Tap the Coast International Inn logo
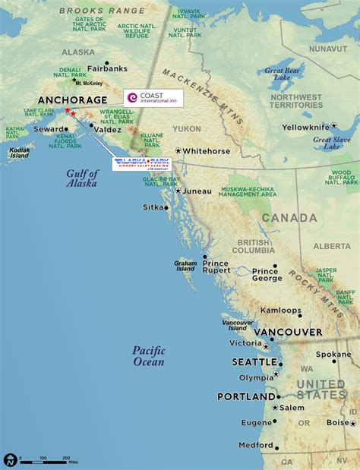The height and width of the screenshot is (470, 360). point(153,97)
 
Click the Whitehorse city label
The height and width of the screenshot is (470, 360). point(206,151)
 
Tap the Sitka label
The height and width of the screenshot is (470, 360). point(153,207)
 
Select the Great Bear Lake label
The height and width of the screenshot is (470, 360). point(283,74)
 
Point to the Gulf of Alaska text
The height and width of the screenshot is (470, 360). point(81,178)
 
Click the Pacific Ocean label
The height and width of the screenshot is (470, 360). point(148,356)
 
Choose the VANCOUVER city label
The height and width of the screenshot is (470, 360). point(288,333)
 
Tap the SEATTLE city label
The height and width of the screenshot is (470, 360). point(254,362)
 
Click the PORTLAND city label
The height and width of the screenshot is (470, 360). point(246,396)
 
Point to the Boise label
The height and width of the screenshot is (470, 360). point(338,422)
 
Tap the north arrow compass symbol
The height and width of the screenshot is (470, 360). point(10,459)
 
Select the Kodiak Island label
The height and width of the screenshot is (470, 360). point(19,153)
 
